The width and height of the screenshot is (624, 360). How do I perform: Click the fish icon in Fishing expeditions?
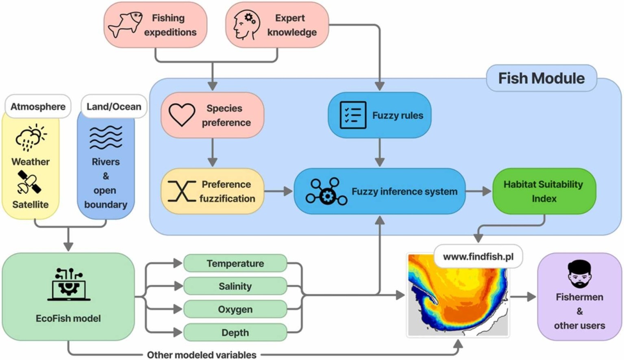click(x=125, y=25)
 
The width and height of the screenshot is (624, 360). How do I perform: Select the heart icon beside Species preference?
click(x=182, y=115)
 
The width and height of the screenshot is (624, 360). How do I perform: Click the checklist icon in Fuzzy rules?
click(x=352, y=115)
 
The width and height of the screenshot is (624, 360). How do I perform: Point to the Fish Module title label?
click(x=541, y=78)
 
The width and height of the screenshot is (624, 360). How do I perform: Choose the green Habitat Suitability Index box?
click(x=544, y=191)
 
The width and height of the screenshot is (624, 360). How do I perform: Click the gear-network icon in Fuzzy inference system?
click(x=326, y=191)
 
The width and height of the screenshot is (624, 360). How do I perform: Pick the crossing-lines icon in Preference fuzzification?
click(x=181, y=191)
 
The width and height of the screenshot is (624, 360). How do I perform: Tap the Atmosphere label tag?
click(x=38, y=106)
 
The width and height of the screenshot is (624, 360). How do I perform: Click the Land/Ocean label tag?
click(x=114, y=106)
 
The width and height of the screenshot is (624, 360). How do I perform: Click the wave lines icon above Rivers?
click(x=106, y=137)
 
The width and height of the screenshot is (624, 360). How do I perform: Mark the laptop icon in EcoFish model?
click(x=69, y=285)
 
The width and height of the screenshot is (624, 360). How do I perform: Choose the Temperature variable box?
click(x=235, y=263)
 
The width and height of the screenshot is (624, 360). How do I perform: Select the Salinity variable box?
click(x=235, y=286)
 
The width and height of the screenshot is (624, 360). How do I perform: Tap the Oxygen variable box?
click(x=235, y=310)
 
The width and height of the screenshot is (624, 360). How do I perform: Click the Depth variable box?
click(x=235, y=333)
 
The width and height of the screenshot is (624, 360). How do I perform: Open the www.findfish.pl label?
click(x=478, y=257)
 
